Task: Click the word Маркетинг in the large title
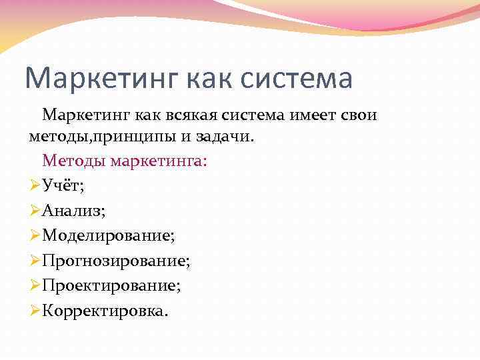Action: (98, 78)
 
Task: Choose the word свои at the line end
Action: (360, 115)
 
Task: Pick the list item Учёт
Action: (63, 185)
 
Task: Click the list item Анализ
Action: (73, 211)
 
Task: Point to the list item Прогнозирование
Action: (115, 261)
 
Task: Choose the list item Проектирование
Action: (111, 286)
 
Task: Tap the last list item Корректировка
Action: (105, 311)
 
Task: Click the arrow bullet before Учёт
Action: (35, 185)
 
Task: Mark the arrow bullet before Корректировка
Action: (35, 311)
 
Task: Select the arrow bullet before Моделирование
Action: (35, 235)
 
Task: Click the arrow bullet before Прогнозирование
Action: (35, 261)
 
